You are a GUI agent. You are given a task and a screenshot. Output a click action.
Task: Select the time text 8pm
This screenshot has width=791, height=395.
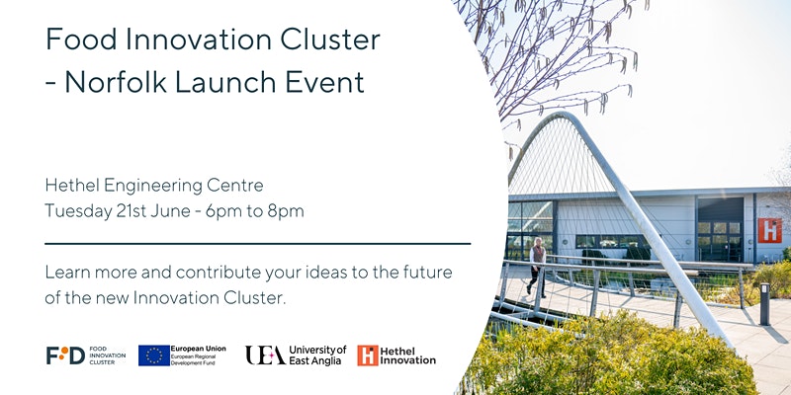[x=286, y=210]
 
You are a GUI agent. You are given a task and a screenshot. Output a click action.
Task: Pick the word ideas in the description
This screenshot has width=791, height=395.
[x=339, y=272]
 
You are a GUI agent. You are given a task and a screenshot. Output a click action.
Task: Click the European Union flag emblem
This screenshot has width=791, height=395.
[x=153, y=355]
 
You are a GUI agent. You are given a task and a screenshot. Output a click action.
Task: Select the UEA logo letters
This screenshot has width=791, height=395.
[x=265, y=355]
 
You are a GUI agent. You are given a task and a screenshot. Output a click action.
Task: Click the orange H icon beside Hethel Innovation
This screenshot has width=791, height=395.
[x=368, y=355]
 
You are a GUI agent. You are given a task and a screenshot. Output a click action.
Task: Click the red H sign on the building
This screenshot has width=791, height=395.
[x=769, y=230]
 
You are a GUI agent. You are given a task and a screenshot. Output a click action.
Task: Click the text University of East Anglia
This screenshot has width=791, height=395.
[x=317, y=355]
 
